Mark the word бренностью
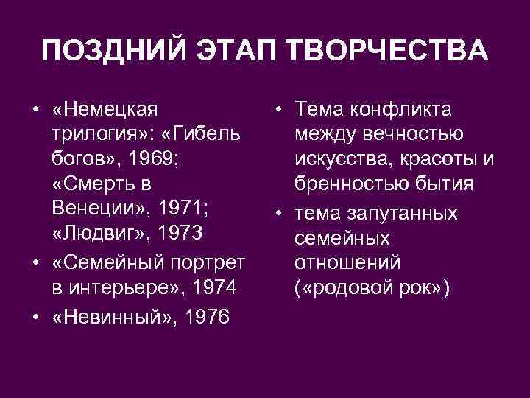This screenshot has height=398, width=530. click(350, 184)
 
